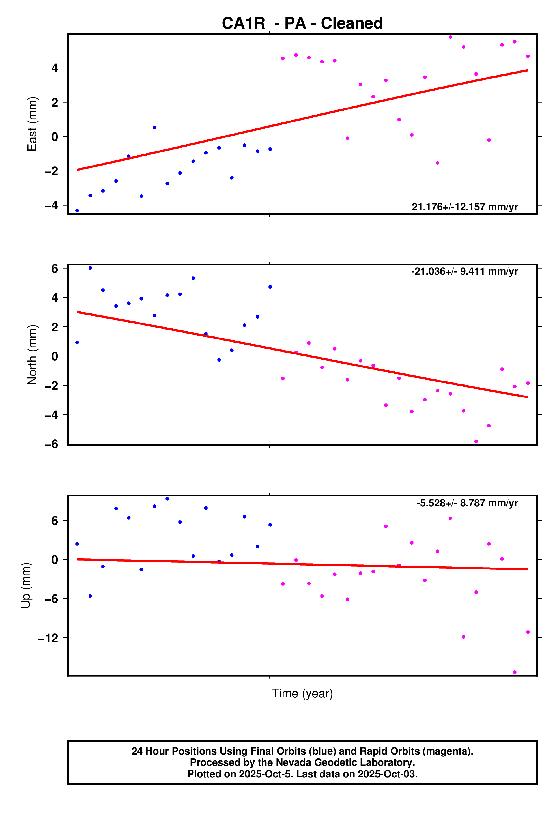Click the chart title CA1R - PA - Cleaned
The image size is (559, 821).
302,23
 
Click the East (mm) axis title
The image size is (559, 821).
32,124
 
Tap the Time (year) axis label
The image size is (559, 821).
302,693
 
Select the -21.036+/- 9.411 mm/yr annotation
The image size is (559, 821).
464,271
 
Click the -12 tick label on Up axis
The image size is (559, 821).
48,638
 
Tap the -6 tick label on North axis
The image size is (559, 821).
51,444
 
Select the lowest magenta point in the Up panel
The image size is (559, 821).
515,672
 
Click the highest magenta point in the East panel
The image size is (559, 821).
450,37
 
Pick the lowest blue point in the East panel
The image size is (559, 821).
77,210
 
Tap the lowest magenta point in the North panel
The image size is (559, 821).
476,441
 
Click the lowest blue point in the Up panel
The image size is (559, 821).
90,596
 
